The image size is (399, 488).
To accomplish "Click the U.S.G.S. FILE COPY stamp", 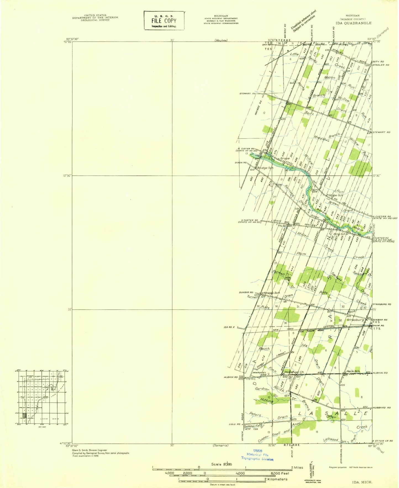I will point(164,20).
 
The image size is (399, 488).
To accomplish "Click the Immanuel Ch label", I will point(294,372).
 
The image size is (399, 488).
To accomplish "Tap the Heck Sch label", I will point(353,371).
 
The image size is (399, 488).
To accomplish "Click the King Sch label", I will point(340,234).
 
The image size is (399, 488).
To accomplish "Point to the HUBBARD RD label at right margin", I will point(382,408).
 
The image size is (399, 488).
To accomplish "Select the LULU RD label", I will point(235,424).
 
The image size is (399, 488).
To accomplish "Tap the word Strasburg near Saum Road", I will point(355,320).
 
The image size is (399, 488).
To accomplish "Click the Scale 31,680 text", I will point(222,465).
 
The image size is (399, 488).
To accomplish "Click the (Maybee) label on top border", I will point(221,41).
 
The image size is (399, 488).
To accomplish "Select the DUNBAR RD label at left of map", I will point(246,292).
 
